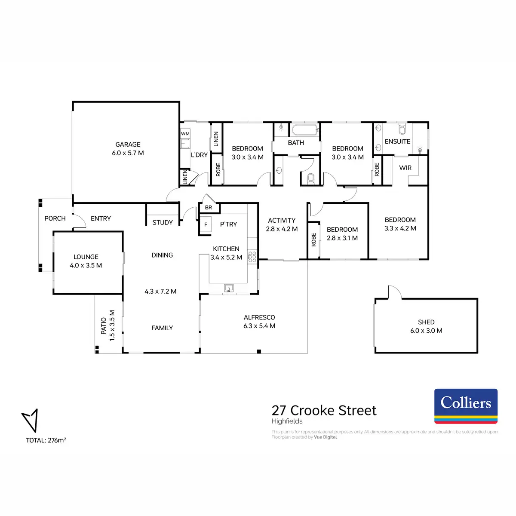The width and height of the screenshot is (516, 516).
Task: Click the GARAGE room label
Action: click(x=128, y=144)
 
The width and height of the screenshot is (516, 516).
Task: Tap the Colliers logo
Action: click(x=466, y=406)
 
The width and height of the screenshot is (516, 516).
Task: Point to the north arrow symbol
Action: click(x=30, y=420)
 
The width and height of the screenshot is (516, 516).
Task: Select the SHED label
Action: click(x=426, y=322)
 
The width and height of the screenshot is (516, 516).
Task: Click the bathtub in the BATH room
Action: click(x=305, y=130)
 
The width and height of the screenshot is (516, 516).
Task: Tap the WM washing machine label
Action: click(x=185, y=134)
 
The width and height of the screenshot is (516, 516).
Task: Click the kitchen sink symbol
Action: click(x=228, y=288)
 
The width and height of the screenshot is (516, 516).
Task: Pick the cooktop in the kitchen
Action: click(x=252, y=257)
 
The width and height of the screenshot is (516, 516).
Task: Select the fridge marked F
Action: click(x=206, y=225)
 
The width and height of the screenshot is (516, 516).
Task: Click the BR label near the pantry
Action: click(x=209, y=208)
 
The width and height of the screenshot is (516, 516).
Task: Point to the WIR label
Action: click(x=405, y=168)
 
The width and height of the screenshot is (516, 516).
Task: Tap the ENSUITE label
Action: click(x=398, y=141)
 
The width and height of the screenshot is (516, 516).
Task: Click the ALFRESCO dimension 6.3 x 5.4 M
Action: click(x=259, y=326)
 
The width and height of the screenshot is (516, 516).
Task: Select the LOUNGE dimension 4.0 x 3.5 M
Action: click(x=86, y=265)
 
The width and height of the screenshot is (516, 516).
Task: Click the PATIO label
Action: click(x=104, y=326)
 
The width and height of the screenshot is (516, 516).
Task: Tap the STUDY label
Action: click(x=163, y=222)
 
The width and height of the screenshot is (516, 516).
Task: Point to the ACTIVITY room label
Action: click(x=282, y=220)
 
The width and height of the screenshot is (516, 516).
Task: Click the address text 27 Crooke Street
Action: click(x=324, y=410)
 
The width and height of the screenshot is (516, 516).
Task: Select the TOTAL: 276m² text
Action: click(x=46, y=440)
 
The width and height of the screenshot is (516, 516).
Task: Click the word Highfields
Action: click(x=287, y=421)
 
